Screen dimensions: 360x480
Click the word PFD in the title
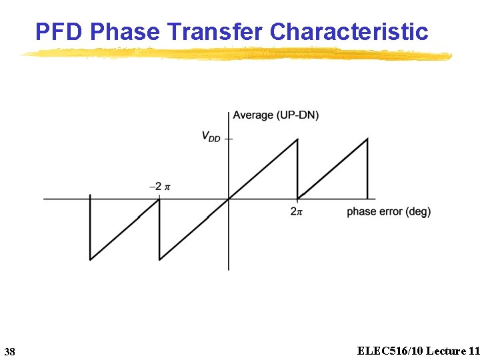59,31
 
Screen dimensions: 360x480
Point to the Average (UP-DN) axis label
275,115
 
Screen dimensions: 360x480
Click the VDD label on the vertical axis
211,137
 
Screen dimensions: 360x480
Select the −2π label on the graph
159,187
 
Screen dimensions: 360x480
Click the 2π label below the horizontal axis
297,211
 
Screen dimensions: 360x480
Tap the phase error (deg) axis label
389,211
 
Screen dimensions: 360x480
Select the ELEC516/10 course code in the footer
389,351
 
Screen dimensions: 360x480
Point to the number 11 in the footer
473,351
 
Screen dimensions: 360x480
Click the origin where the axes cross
229,199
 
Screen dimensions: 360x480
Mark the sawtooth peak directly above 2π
297,139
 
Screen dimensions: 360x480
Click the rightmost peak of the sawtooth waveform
367,139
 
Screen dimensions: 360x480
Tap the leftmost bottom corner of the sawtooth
90,259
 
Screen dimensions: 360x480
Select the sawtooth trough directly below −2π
159,259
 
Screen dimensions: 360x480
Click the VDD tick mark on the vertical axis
229,139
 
